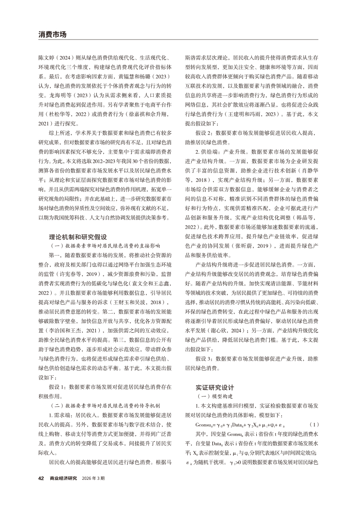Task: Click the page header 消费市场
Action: [x=52, y=34]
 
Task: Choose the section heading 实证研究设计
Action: [x=215, y=387]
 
